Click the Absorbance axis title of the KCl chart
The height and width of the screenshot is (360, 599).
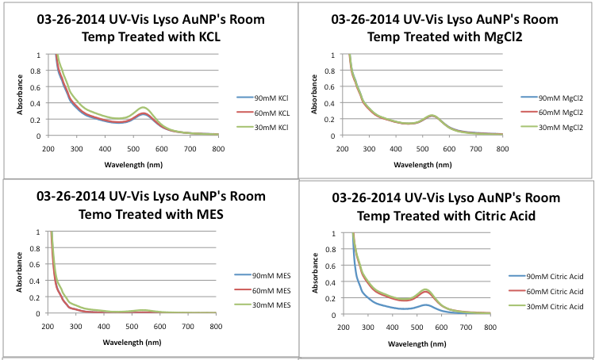[20, 96]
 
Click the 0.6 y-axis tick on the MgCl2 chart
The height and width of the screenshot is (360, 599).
[337, 87]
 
